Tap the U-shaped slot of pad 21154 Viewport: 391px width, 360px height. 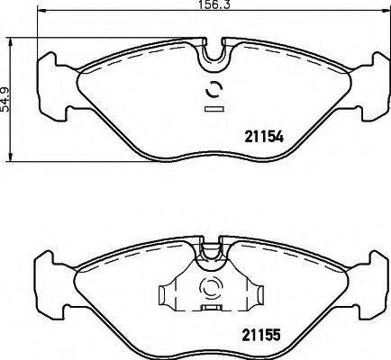click(x=214, y=53)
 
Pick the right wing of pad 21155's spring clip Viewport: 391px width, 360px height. click(x=259, y=293)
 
